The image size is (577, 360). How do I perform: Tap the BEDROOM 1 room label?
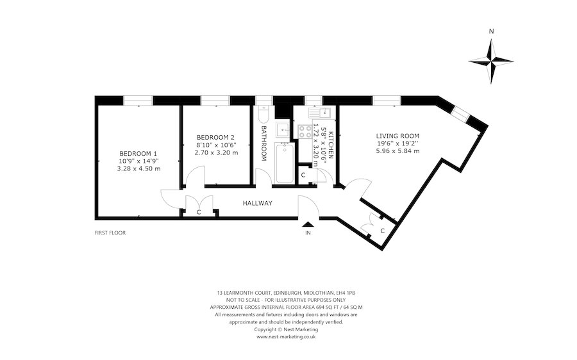click(138, 153)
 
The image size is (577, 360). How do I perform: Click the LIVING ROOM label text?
click(397, 136)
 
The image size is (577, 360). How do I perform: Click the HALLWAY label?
click(257, 203)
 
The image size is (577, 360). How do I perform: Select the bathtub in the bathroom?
click(284, 163)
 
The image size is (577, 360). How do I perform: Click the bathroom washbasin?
click(283, 130)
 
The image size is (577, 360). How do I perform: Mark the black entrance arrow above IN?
click(308, 224)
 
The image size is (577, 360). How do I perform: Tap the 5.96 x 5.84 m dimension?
click(397, 152)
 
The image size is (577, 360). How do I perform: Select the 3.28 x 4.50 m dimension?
click(138, 168)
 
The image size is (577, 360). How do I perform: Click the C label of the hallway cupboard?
click(199, 211)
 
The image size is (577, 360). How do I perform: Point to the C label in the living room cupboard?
click(382, 230)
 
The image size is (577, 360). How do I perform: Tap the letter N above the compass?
click(490, 31)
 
